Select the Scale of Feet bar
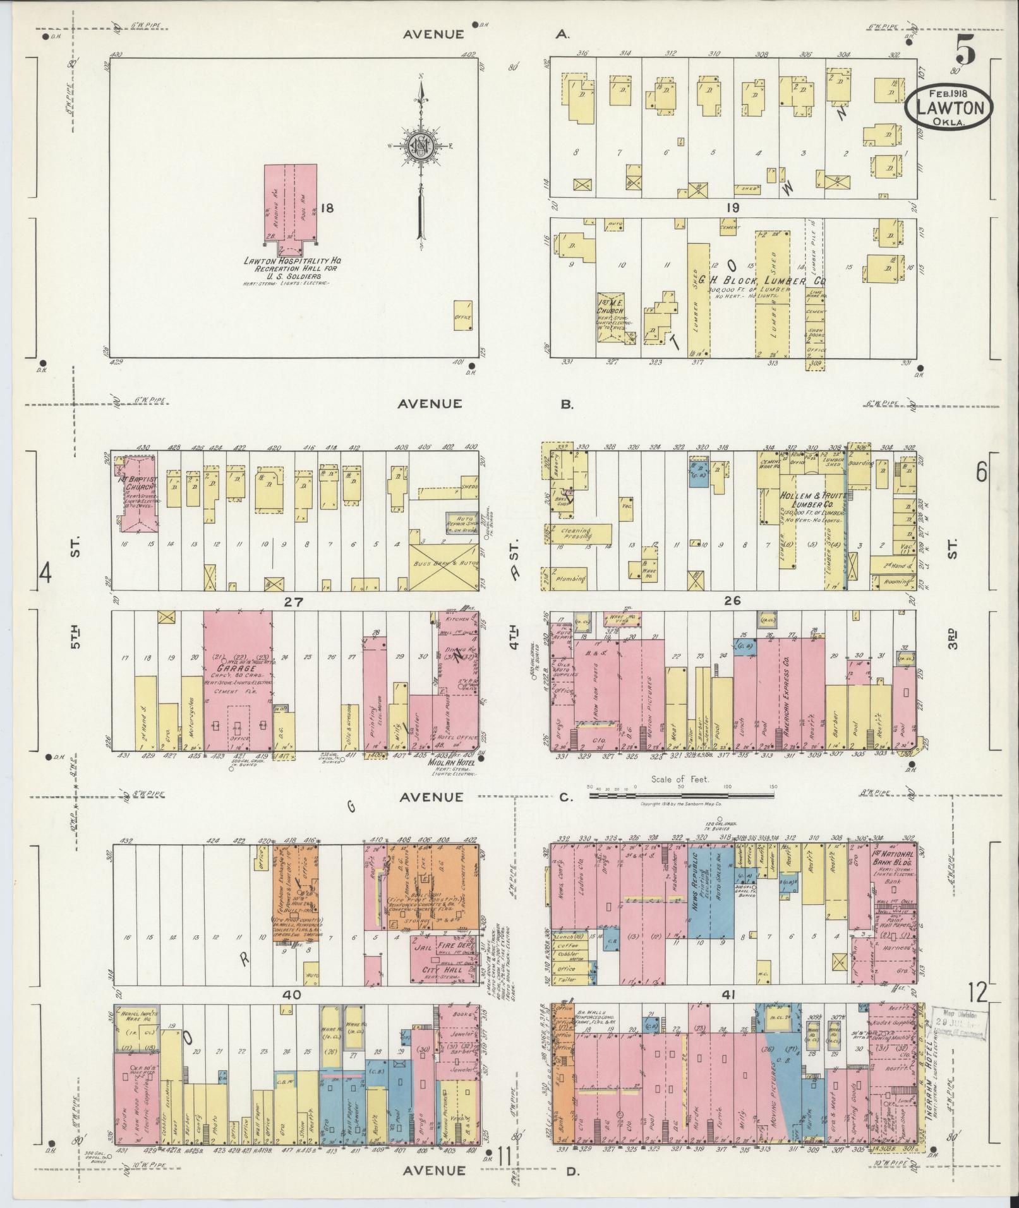[682, 796]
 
